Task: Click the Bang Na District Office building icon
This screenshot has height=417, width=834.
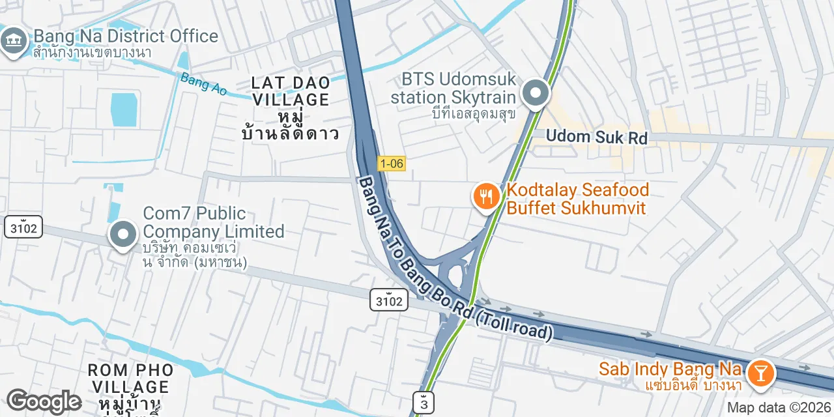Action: [12, 42]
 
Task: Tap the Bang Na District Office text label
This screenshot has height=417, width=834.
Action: [126, 36]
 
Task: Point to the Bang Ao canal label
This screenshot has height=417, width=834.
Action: [203, 84]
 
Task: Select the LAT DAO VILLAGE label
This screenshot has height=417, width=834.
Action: [291, 91]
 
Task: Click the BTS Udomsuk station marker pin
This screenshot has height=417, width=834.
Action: [536, 94]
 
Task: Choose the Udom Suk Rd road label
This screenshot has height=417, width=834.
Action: [597, 137]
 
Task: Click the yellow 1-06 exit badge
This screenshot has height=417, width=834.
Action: [391, 164]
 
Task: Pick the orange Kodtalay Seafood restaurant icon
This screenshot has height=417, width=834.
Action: [486, 195]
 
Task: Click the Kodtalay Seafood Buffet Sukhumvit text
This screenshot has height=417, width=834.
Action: [578, 199]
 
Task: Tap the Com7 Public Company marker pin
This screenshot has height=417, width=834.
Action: [122, 234]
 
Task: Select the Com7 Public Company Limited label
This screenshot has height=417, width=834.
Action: [214, 222]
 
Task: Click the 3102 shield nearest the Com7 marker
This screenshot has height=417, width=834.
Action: [23, 227]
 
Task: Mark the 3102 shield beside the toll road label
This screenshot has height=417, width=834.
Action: [390, 300]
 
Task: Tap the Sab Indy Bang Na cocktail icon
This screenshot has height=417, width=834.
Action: [759, 373]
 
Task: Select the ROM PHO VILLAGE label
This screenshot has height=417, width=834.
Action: [131, 379]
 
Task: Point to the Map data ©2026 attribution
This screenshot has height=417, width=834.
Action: [779, 408]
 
